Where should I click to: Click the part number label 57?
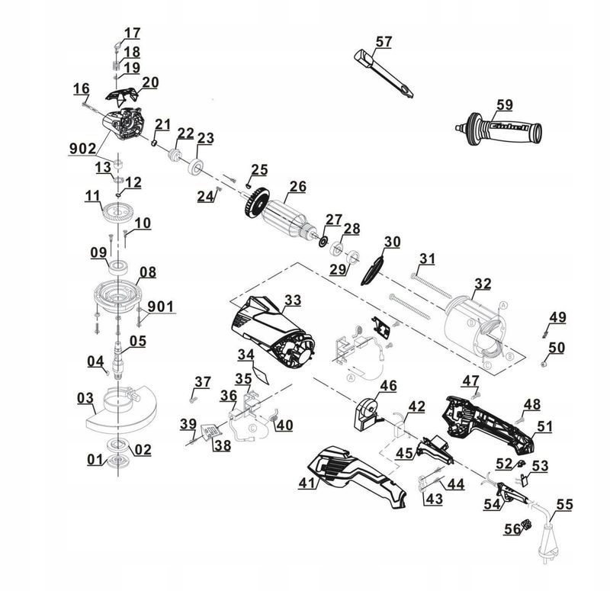(384, 42)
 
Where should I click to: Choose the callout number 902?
(82, 148)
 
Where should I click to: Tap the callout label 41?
(307, 483)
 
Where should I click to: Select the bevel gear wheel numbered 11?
(119, 213)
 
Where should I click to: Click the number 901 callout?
(161, 307)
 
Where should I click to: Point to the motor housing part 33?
(273, 332)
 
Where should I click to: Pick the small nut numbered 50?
(544, 365)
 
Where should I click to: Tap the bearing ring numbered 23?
(196, 166)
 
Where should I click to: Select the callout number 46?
(388, 386)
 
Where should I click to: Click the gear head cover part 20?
(122, 95)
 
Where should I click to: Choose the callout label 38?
(223, 445)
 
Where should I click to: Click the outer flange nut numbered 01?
(117, 460)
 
